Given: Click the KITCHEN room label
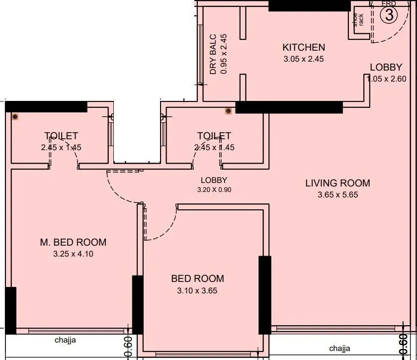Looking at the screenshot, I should tap(304, 48).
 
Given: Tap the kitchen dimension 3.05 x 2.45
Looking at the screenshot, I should tap(304, 59).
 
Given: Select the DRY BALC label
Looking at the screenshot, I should tap(213, 54).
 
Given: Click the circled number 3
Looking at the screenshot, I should tap(389, 15).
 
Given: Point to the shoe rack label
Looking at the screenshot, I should tap(358, 19).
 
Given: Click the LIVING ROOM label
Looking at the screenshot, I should tap(337, 183).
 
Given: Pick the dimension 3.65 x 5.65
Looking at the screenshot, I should tap(337, 194).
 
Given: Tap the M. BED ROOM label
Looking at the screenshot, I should tap(73, 243).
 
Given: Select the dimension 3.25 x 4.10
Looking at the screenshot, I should tap(73, 254).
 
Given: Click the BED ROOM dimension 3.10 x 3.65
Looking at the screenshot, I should tap(197, 290).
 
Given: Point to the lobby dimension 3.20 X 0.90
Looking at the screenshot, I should tap(214, 189).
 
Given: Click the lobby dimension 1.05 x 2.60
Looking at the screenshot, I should tap(386, 79).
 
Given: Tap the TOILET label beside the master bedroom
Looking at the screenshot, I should tap(61, 136).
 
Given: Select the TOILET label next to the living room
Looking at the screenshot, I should tap(214, 136).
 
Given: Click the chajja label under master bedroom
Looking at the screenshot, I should tap(65, 341).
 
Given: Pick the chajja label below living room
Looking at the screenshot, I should tap(339, 348).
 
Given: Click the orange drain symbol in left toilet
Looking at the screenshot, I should tap(15, 117).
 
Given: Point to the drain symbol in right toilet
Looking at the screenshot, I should tap(228, 111).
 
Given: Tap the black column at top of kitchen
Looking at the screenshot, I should tap(309, 5).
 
